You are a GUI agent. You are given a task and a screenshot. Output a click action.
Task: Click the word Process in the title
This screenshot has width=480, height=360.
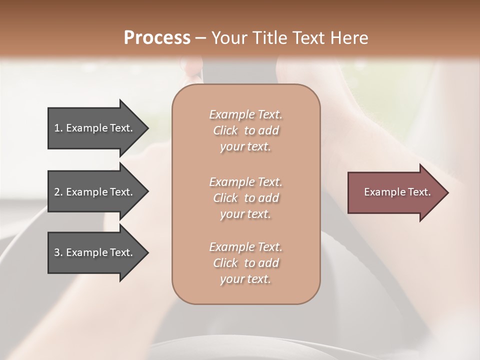tap(157, 38)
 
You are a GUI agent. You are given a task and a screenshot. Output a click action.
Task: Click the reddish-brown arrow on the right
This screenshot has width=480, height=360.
tap(395, 192)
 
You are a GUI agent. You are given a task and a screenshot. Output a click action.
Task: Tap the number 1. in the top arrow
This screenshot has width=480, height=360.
tap(58, 128)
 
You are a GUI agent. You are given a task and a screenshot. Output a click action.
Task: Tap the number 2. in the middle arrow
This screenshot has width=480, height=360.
tap(58, 192)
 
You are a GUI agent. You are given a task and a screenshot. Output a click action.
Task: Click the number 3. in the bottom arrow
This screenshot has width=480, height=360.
tap(58, 252)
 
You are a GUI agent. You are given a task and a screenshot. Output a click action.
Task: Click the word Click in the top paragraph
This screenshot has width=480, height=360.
tap(225, 130)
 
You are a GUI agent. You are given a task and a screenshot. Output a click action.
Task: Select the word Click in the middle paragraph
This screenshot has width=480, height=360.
tap(225, 198)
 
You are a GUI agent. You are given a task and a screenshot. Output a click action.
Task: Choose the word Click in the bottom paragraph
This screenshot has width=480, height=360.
tap(225, 263)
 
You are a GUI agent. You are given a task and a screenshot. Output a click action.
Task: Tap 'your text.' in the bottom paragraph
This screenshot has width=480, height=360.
tap(245, 279)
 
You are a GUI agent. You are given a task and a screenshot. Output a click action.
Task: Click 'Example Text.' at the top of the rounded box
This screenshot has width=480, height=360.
tap(245, 114)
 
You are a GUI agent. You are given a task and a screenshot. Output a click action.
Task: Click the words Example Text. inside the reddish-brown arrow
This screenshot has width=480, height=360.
tap(397, 192)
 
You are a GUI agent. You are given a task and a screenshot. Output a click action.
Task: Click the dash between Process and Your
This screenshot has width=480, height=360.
tap(201, 38)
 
